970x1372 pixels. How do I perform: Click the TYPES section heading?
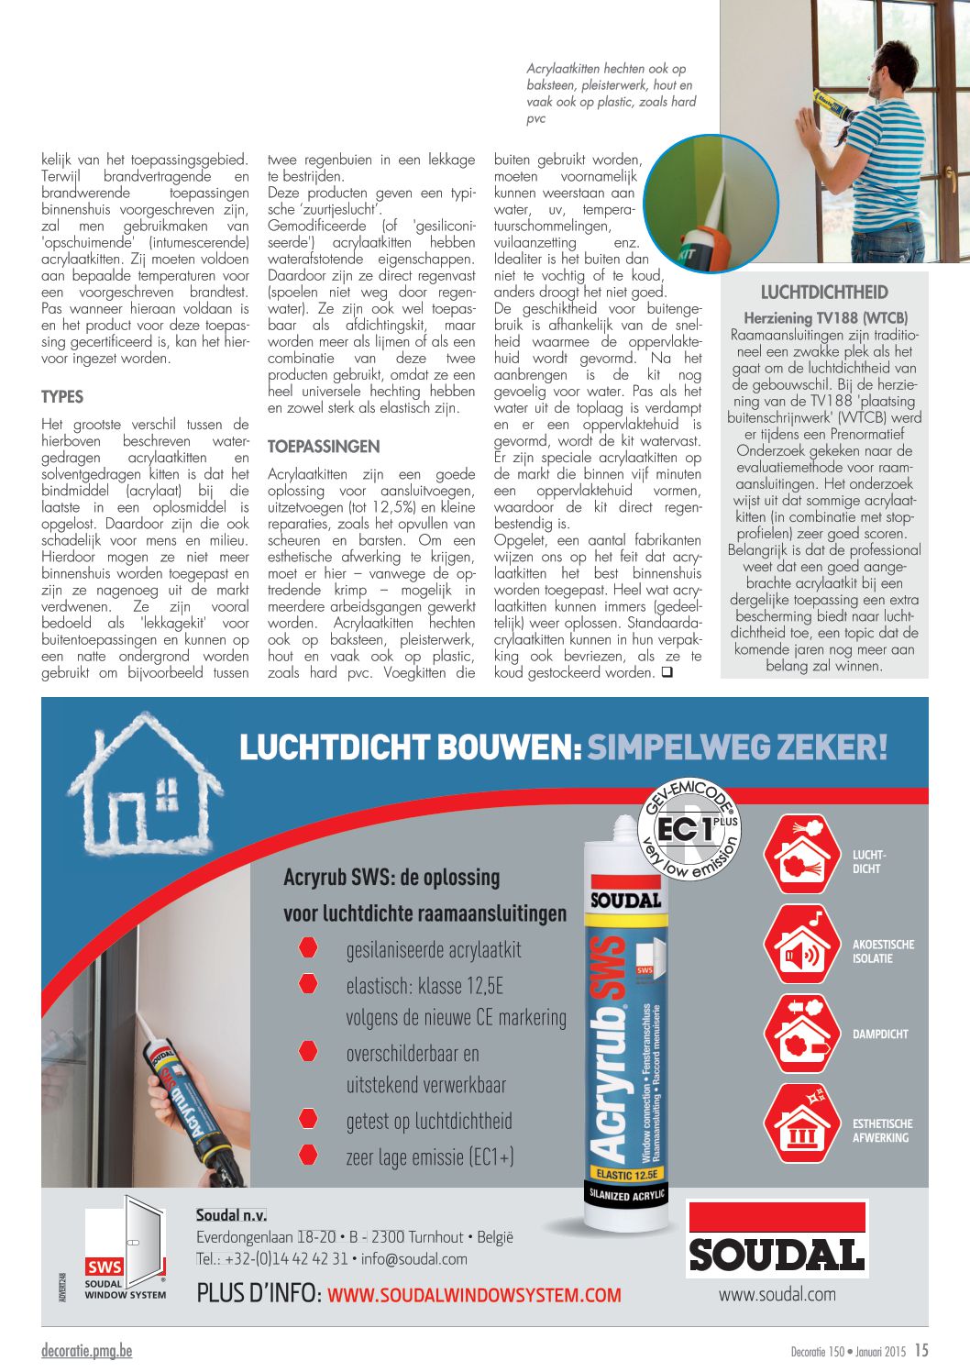62,397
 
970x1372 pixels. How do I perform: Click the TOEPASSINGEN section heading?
324,447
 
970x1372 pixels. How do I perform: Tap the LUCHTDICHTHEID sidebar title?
824,293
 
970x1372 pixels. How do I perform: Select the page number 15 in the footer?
920,1350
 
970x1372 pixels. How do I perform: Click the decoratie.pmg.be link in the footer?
86,1351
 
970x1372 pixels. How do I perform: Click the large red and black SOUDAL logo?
777,1240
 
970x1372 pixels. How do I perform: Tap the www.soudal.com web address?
777,1294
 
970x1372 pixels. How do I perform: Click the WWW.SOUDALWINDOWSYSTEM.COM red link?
474,1296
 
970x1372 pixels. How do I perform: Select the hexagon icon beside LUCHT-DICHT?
801,854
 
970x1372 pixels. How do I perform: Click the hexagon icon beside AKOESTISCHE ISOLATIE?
801,945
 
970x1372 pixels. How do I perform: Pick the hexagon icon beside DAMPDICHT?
801,1034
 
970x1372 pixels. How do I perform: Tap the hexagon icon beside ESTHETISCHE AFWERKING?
801,1123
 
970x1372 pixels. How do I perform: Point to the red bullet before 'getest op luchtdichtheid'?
308,1119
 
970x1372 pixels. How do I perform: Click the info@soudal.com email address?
414,1259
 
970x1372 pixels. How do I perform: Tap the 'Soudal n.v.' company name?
231,1215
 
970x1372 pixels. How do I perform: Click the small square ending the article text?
667,672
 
